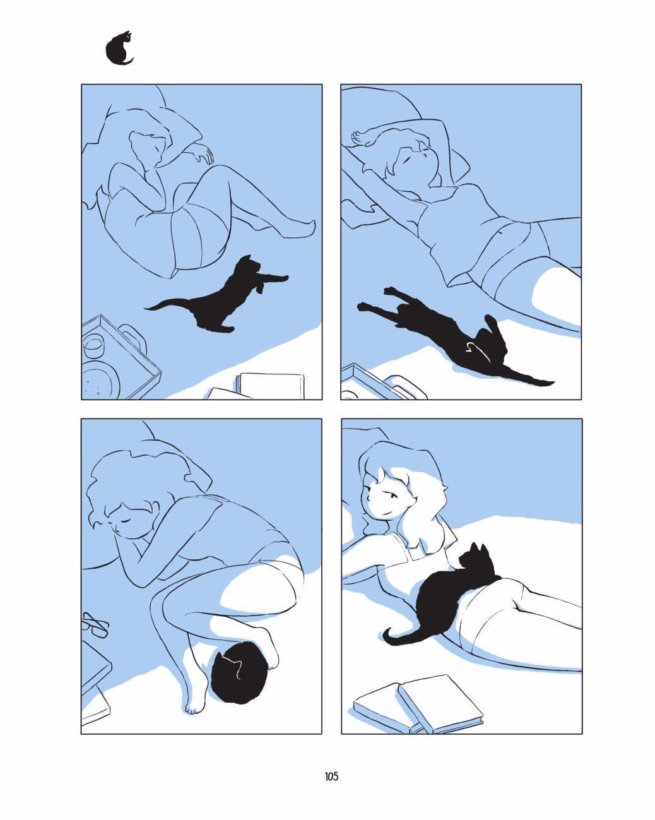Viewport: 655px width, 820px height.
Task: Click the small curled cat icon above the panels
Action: pyautogui.click(x=119, y=49)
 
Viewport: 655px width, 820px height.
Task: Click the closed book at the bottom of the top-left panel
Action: pyautogui.click(x=270, y=386)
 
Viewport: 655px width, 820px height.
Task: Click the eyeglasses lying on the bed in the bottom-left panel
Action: pyautogui.click(x=95, y=624)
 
